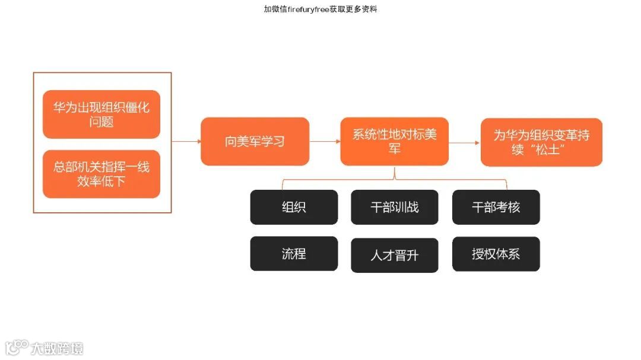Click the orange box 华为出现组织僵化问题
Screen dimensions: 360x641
pyautogui.click(x=101, y=114)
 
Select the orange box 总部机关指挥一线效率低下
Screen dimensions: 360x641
pyautogui.click(x=101, y=174)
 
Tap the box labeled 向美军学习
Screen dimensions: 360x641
pyautogui.click(x=255, y=142)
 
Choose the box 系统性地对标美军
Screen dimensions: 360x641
pyautogui.click(x=394, y=142)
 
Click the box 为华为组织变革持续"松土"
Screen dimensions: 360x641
pyautogui.click(x=541, y=142)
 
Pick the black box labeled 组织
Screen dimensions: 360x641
pyautogui.click(x=294, y=207)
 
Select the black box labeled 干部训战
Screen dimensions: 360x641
pyautogui.click(x=395, y=207)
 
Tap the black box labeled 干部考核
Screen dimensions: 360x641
pyautogui.click(x=496, y=207)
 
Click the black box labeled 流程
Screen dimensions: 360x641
pyautogui.click(x=294, y=254)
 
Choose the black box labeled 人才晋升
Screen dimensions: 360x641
pyautogui.click(x=395, y=255)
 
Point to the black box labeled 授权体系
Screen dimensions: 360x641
pyautogui.click(x=496, y=254)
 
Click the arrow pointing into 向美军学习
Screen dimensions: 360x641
pyautogui.click(x=186, y=142)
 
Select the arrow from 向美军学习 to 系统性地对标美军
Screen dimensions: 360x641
pyautogui.click(x=325, y=142)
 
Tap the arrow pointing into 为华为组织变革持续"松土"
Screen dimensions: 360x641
pyautogui.click(x=464, y=142)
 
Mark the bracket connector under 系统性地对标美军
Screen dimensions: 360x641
pyautogui.click(x=395, y=177)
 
